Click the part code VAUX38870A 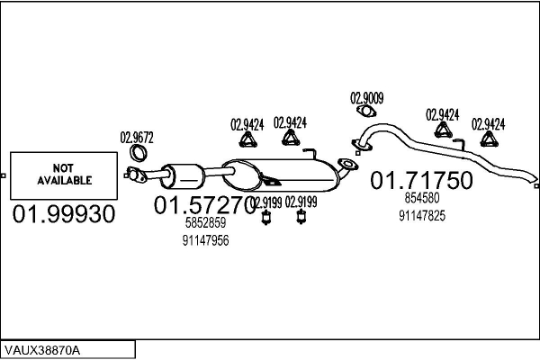(42, 348)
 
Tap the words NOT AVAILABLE (65, 175)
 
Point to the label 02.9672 (137, 138)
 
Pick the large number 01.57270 (205, 206)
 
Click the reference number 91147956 (205, 240)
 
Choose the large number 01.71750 (422, 181)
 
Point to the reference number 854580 (422, 199)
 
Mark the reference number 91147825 (422, 215)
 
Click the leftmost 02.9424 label (247, 124)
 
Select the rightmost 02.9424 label (489, 123)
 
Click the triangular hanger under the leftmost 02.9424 (247, 140)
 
